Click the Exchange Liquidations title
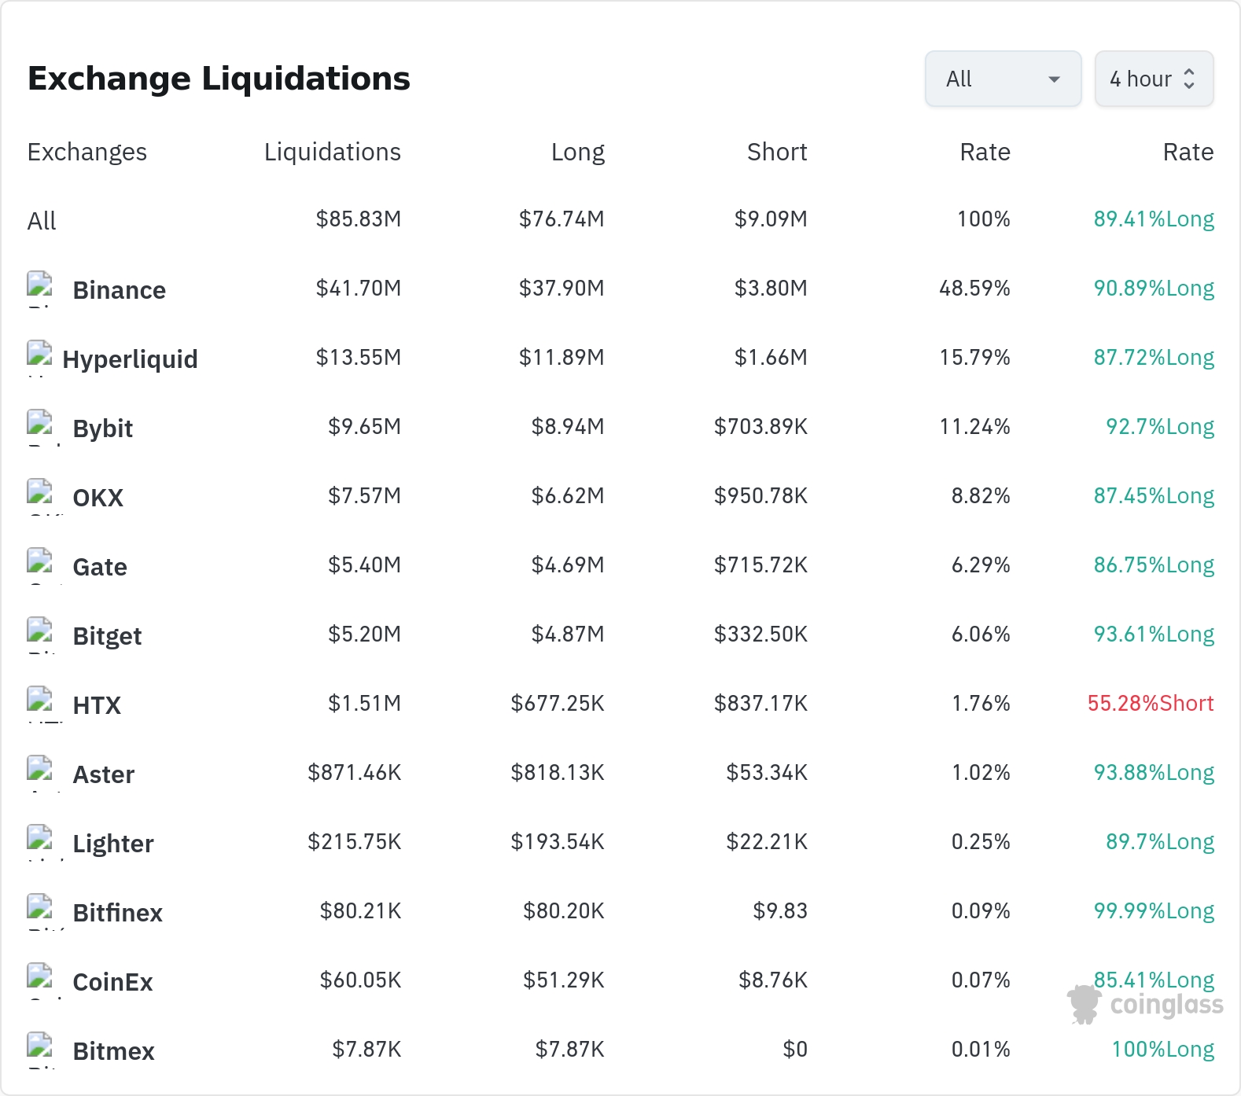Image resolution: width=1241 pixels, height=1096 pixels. (219, 79)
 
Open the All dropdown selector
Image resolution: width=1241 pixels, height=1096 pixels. (1003, 79)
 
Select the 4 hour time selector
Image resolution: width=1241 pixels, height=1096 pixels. (1154, 79)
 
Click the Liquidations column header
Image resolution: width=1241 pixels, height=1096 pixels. (332, 152)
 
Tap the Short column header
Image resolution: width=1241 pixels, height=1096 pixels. (777, 152)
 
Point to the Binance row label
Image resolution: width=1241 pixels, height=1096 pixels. (119, 290)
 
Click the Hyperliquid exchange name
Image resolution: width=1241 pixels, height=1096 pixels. (130, 359)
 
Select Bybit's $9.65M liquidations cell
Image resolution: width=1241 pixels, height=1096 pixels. (364, 427)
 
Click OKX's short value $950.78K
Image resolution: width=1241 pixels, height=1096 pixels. (760, 496)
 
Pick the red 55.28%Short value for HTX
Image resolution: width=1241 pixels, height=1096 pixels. (1151, 704)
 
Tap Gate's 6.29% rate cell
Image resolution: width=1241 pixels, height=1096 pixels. (981, 565)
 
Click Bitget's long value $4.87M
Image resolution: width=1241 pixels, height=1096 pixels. (568, 634)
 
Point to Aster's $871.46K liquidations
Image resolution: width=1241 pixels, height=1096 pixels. (354, 773)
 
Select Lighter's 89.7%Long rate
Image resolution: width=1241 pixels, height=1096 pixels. (1160, 842)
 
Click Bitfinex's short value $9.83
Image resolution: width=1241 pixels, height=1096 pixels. (780, 911)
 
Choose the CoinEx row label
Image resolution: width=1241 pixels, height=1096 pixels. (112, 982)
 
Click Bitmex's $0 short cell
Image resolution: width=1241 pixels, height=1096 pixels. (795, 1050)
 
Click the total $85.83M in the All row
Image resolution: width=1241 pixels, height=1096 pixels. (358, 219)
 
